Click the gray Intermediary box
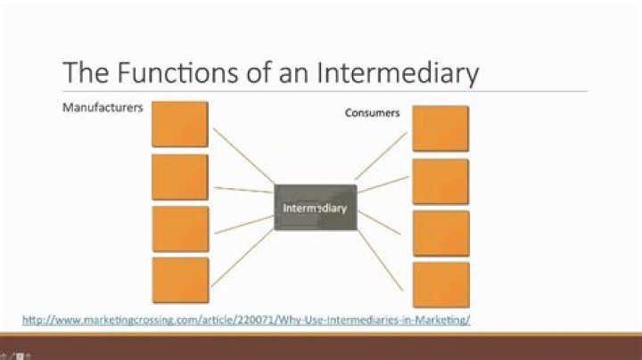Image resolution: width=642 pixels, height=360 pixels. pos(315,208)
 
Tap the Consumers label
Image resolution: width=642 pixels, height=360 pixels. pos(372,113)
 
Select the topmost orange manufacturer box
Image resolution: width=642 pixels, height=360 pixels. pos(179,124)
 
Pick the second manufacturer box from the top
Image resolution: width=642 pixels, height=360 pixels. pos(179,176)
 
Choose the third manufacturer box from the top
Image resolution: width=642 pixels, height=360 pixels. pos(179,229)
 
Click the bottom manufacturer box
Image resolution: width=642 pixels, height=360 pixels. pos(179,281)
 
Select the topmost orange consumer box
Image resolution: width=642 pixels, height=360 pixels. pos(440,128)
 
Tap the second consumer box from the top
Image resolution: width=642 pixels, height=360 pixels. pos(440,182)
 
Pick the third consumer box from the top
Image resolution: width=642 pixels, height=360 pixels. pos(440,233)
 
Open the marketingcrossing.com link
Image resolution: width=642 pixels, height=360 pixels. pos(245,319)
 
